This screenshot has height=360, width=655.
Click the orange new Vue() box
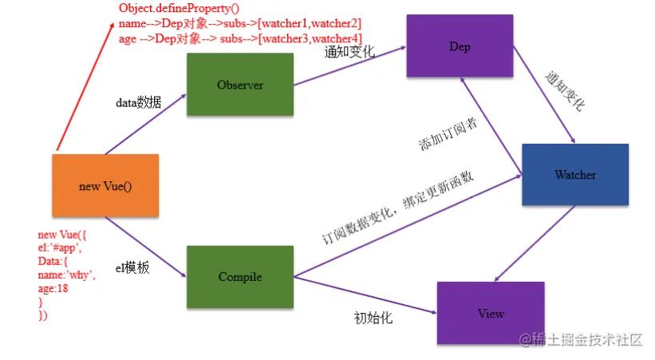coord(105,186)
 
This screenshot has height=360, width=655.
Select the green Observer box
coord(239,85)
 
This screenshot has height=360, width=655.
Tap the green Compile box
coord(239,277)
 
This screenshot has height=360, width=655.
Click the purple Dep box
coord(460,47)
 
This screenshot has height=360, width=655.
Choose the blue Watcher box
coord(575,175)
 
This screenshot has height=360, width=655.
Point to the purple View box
coord(491,313)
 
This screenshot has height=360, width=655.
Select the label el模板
coord(132,268)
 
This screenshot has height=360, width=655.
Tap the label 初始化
coord(373,318)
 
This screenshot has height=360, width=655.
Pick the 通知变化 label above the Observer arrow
coord(349,53)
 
